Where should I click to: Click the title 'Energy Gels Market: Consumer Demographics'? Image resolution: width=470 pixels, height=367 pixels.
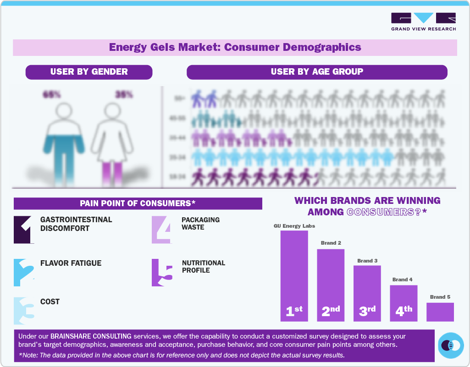(x=235, y=47)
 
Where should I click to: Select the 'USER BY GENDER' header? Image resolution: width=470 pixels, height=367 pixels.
(x=89, y=72)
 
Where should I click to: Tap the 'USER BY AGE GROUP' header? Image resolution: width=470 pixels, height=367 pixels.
(x=317, y=72)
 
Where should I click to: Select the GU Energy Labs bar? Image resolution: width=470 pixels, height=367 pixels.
(x=294, y=275)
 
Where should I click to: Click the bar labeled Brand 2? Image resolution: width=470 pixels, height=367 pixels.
(x=331, y=285)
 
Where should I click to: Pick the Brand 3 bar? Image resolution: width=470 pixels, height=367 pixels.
(x=367, y=293)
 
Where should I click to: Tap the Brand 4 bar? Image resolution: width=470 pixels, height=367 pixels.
(x=404, y=303)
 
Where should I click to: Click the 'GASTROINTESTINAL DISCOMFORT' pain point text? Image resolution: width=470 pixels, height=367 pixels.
(x=76, y=224)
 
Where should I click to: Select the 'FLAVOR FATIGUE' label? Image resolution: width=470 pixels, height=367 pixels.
(x=71, y=263)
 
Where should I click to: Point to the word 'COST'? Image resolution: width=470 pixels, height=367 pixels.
(x=50, y=302)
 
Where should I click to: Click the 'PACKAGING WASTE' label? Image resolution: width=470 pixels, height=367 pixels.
(x=200, y=224)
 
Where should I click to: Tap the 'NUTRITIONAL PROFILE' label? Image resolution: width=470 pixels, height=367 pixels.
(x=203, y=267)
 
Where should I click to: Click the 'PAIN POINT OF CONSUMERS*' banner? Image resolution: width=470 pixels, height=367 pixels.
(x=138, y=203)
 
